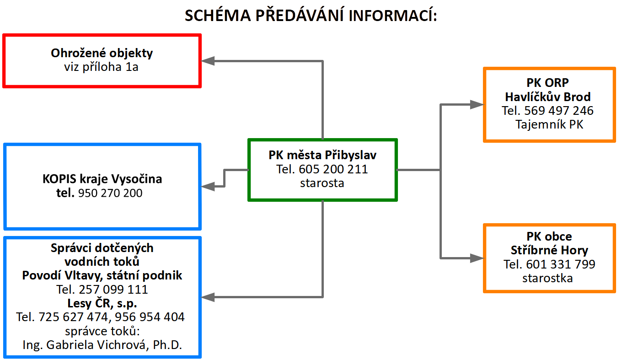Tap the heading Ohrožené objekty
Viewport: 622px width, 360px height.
point(102,53)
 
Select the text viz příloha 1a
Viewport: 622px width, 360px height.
point(101,67)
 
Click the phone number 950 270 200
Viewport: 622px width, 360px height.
point(110,193)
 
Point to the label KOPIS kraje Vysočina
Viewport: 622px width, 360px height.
point(102,179)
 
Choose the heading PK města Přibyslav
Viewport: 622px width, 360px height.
point(322,155)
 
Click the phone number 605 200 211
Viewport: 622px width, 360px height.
point(333,169)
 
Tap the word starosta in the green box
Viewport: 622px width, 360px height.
point(322,183)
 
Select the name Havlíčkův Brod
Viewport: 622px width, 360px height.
point(547,97)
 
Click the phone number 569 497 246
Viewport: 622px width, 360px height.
point(559,111)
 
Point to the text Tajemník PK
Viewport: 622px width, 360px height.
point(549,124)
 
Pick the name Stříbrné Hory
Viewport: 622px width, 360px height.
point(549,250)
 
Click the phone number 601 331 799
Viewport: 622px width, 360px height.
point(561,264)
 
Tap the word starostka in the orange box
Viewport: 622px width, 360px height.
point(547,278)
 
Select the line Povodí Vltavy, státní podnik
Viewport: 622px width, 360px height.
point(102,275)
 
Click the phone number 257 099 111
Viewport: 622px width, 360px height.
point(113,290)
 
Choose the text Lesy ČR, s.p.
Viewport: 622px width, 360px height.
point(102,303)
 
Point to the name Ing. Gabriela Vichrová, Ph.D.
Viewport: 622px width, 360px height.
point(102,345)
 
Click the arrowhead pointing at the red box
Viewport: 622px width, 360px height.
point(208,61)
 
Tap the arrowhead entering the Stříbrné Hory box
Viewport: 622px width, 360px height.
point(477,258)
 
